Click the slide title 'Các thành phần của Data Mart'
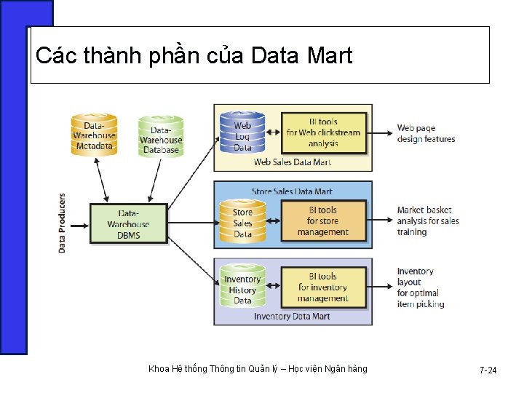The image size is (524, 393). pos(194,55)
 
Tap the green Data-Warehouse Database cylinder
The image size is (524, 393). pos(161,136)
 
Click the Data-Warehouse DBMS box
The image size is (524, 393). pos(128,223)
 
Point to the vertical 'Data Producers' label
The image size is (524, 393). pos(62,223)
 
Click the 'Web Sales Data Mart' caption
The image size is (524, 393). pos(292,162)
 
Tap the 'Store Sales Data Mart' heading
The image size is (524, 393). pos(292,191)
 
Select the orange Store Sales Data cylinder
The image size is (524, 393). pos(242,221)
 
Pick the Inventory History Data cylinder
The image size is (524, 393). pos(242,287)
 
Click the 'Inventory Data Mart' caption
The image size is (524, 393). pos(292,317)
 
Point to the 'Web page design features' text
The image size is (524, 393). pos(426,134)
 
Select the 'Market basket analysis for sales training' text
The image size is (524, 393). pos(428,221)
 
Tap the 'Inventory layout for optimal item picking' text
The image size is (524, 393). pos(420,287)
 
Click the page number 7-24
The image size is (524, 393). pos(488,370)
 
